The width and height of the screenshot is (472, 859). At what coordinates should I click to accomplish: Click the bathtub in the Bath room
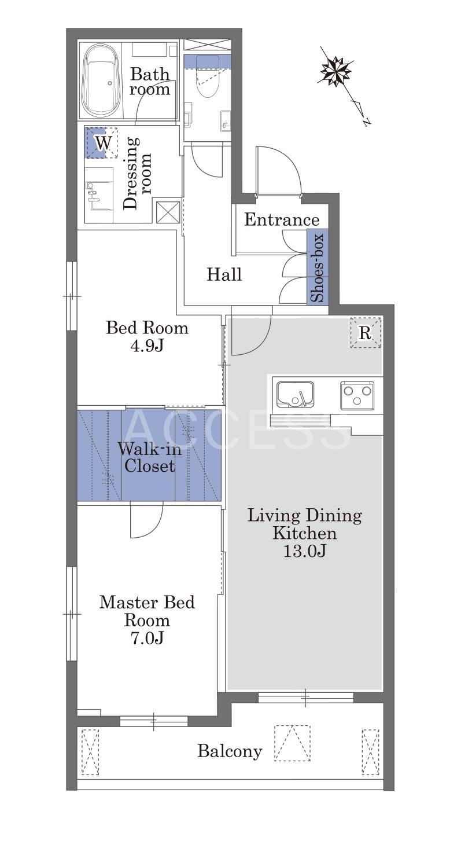tap(102, 80)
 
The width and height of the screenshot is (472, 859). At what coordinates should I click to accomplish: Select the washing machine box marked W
tap(101, 142)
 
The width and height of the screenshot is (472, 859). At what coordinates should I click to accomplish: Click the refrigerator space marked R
tap(366, 332)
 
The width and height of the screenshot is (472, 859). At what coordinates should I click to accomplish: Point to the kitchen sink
tap(295, 394)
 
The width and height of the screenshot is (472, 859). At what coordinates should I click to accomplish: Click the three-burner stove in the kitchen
tap(357, 395)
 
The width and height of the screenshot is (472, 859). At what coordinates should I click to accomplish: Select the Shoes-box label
tap(318, 267)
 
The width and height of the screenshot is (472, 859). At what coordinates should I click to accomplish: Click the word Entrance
tap(282, 220)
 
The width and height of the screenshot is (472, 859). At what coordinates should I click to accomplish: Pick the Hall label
tap(224, 274)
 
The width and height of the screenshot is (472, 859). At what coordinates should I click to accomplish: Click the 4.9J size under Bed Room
tap(147, 346)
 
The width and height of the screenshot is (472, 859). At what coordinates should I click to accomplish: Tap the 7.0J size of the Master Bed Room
tap(147, 638)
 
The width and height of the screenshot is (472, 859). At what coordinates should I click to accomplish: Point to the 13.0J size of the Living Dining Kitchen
tap(305, 551)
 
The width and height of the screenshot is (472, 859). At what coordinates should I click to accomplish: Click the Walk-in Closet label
tap(149, 457)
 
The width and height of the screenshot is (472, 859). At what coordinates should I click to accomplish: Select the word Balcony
tap(230, 751)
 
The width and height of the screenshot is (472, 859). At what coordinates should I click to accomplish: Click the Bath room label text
tap(150, 81)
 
